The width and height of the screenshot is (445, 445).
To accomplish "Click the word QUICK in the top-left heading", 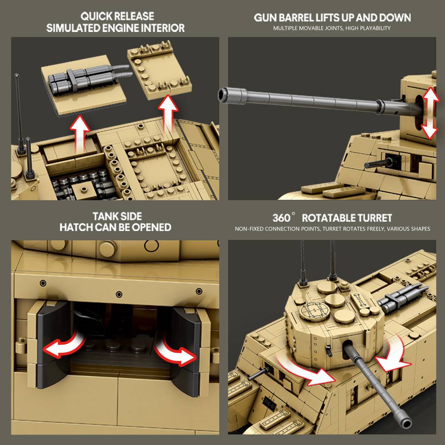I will coord(96,16).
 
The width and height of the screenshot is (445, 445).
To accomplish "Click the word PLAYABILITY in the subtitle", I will coord(375,28).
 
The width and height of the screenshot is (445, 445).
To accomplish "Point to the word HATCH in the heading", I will coord(76,227).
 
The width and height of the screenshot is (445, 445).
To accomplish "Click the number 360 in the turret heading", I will coord(281,218).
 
